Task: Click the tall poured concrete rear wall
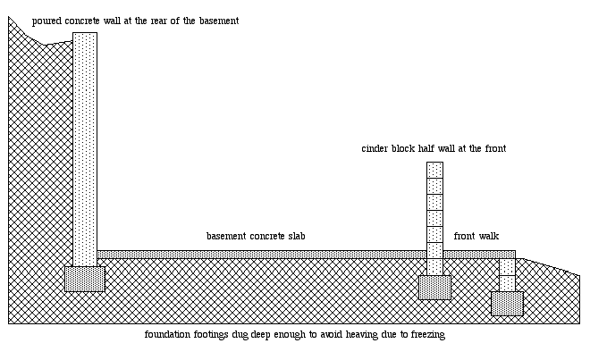(x=84, y=143)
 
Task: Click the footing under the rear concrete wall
(x=84, y=279)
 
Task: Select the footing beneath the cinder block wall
(x=434, y=287)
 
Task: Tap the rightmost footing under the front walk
(x=507, y=304)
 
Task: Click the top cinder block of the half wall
(x=434, y=170)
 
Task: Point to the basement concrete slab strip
(x=259, y=255)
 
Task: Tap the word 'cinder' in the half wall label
(x=375, y=148)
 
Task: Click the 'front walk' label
(x=476, y=237)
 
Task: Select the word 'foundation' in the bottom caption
(x=167, y=335)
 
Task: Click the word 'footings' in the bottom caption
(x=212, y=335)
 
